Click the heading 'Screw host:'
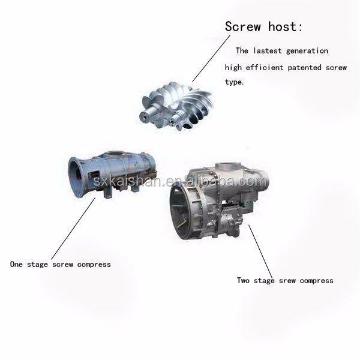coord(263,27)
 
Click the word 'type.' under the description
coord(235,82)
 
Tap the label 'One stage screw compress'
coord(60,264)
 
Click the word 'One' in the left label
coord(17,264)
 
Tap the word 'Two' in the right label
coord(244,280)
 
